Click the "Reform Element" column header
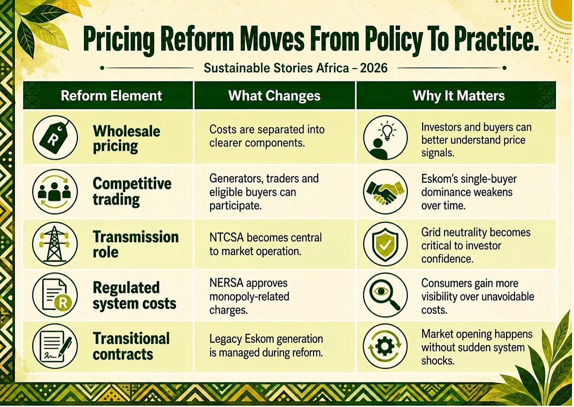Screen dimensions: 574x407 pyautogui.click(x=111, y=96)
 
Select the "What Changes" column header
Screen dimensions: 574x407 pyautogui.click(x=274, y=96)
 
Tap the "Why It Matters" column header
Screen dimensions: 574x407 pyautogui.click(x=459, y=96)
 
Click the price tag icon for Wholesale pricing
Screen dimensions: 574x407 pyautogui.click(x=55, y=137)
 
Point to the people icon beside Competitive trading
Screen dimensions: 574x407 pyautogui.click(x=55, y=191)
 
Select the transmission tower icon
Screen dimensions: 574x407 pyautogui.click(x=55, y=244)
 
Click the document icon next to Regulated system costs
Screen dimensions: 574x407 pyautogui.click(x=55, y=295)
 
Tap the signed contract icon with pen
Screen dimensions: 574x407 pyautogui.click(x=55, y=346)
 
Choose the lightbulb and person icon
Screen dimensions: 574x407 pyautogui.click(x=385, y=137)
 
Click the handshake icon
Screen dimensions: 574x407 pyautogui.click(x=385, y=191)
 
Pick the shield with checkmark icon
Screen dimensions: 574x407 pyautogui.click(x=385, y=244)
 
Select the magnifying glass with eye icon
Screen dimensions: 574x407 pyautogui.click(x=385, y=295)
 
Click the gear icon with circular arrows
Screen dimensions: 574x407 pyautogui.click(x=385, y=346)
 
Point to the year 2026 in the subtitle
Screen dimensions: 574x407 pyautogui.click(x=374, y=68)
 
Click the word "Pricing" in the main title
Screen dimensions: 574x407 pyautogui.click(x=119, y=40)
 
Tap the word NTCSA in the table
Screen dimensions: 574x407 pyautogui.click(x=226, y=238)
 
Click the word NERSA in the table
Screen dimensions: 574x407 pyautogui.click(x=226, y=283)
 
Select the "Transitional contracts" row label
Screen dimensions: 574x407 pyautogui.click(x=131, y=346)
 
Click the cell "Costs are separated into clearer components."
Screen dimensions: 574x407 pyautogui.click(x=267, y=136)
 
